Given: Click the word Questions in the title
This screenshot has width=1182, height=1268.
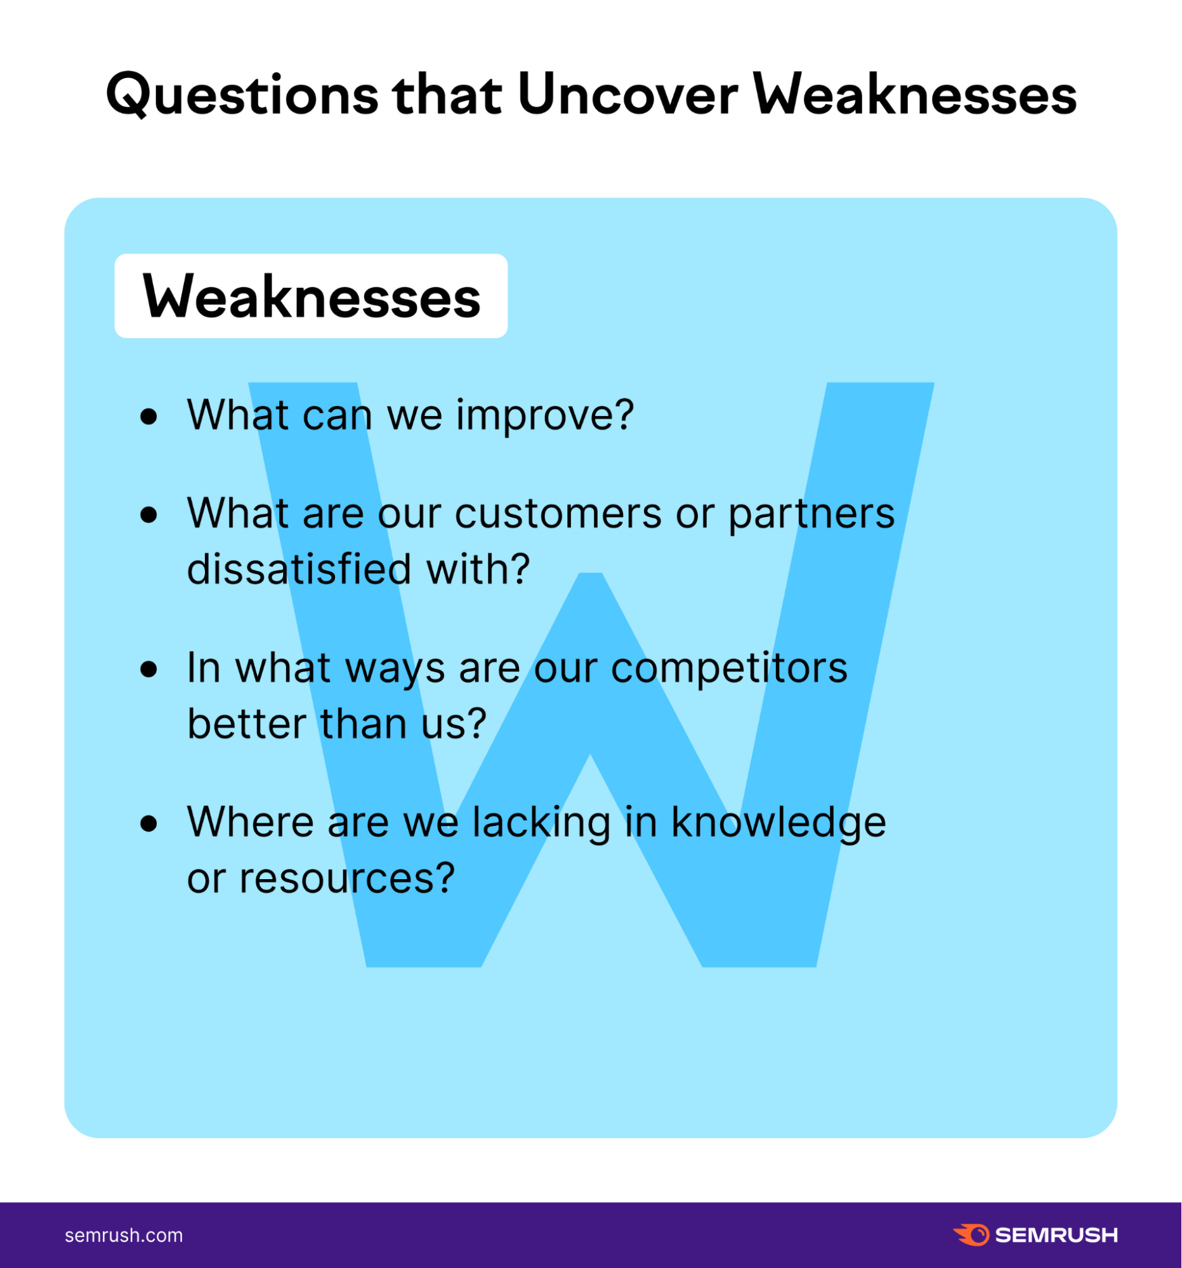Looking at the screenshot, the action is pyautogui.click(x=242, y=95).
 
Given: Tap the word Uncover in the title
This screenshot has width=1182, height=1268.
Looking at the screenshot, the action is pyautogui.click(x=627, y=94).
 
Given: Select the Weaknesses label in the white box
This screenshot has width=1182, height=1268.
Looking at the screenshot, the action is pyautogui.click(x=312, y=297).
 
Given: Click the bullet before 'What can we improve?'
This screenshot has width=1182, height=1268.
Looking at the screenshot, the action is pyautogui.click(x=148, y=417).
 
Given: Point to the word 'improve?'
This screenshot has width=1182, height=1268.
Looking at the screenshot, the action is pyautogui.click(x=545, y=417).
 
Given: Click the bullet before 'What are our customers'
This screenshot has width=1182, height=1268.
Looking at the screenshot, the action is pyautogui.click(x=148, y=514).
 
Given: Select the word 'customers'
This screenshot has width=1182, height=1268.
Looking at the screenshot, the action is pyautogui.click(x=558, y=514).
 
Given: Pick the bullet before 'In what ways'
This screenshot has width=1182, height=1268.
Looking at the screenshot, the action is pyautogui.click(x=148, y=669).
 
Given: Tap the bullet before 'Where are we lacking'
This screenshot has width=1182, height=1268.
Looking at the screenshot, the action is pyautogui.click(x=148, y=823).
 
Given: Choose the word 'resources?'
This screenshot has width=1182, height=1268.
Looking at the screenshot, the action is pyautogui.click(x=347, y=879).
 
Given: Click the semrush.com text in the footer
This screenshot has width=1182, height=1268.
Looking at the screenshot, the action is pyautogui.click(x=124, y=1236).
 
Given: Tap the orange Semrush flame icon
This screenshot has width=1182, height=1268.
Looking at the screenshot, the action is pyautogui.click(x=971, y=1235).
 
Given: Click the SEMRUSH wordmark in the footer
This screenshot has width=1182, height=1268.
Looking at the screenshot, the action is pyautogui.click(x=1056, y=1236).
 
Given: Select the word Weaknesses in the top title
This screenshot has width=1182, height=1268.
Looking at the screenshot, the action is pyautogui.click(x=916, y=95).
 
